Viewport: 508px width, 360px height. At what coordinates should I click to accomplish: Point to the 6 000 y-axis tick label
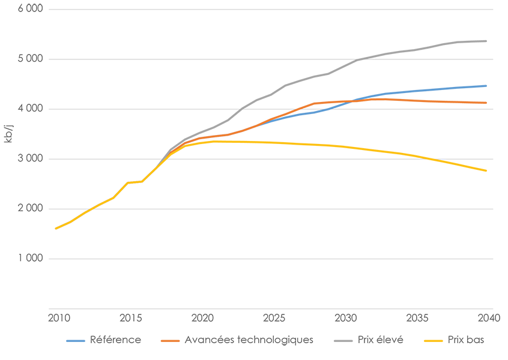pyautogui.click(x=29, y=10)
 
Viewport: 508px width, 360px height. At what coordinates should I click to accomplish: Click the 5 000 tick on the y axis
pyautogui.click(x=29, y=59)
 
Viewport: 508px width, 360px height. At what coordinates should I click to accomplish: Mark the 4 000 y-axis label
pyautogui.click(x=29, y=109)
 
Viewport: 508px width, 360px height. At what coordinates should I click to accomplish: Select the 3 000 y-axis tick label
pyautogui.click(x=29, y=159)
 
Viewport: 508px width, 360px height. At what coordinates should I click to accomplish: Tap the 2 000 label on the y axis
pyautogui.click(x=29, y=209)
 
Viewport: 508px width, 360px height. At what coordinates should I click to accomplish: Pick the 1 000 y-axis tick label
pyautogui.click(x=29, y=259)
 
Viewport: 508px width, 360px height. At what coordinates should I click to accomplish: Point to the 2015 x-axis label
pyautogui.click(x=128, y=317)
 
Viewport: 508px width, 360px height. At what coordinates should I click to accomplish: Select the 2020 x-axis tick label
pyautogui.click(x=201, y=317)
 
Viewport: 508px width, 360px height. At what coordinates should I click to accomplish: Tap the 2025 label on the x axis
pyautogui.click(x=273, y=317)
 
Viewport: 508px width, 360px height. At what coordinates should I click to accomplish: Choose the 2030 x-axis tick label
pyautogui.click(x=345, y=317)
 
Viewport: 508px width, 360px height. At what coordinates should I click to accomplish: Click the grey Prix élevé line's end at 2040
pyautogui.click(x=486, y=41)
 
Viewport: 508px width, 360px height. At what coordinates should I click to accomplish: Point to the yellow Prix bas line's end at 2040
pyautogui.click(x=486, y=171)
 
